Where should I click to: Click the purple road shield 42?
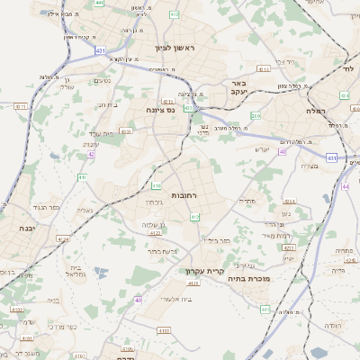92,154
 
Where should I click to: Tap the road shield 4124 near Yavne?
62,239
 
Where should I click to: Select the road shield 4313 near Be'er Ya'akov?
264,67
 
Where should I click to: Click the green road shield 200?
256,115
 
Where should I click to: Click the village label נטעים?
103,81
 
